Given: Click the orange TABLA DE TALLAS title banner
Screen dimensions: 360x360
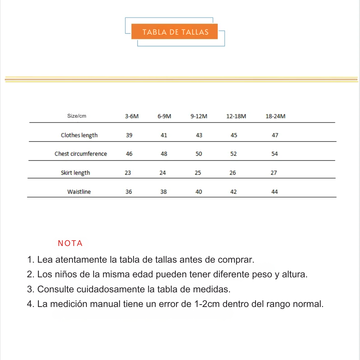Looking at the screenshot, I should (175, 32).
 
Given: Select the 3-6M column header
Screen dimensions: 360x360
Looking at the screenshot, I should (132, 116).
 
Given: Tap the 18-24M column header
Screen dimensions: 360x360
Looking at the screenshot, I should (275, 116).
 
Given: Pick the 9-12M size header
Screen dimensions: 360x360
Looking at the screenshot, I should (199, 116).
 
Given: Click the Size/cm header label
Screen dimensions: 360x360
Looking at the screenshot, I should (77, 116).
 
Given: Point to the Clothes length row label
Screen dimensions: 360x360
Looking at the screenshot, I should (79, 135).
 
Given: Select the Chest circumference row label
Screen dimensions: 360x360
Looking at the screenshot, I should (81, 154).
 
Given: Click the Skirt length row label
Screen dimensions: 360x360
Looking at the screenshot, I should (75, 173).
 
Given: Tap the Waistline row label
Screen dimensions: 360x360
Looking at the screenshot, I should (79, 192).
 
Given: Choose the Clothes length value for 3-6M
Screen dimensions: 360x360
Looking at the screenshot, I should (129, 135).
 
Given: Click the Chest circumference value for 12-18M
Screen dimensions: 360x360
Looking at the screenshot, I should (233, 154).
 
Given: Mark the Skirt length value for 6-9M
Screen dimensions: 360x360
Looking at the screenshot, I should (163, 173).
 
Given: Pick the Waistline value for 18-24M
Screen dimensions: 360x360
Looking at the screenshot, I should (275, 192).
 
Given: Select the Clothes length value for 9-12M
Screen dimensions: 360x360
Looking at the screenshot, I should (199, 135).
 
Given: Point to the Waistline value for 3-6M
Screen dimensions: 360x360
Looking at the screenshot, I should (129, 192).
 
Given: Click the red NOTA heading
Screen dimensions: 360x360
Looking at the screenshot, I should (70, 243).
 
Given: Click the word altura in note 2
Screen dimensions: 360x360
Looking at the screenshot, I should (294, 275).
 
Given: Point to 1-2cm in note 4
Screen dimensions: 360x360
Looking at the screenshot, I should (207, 304).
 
